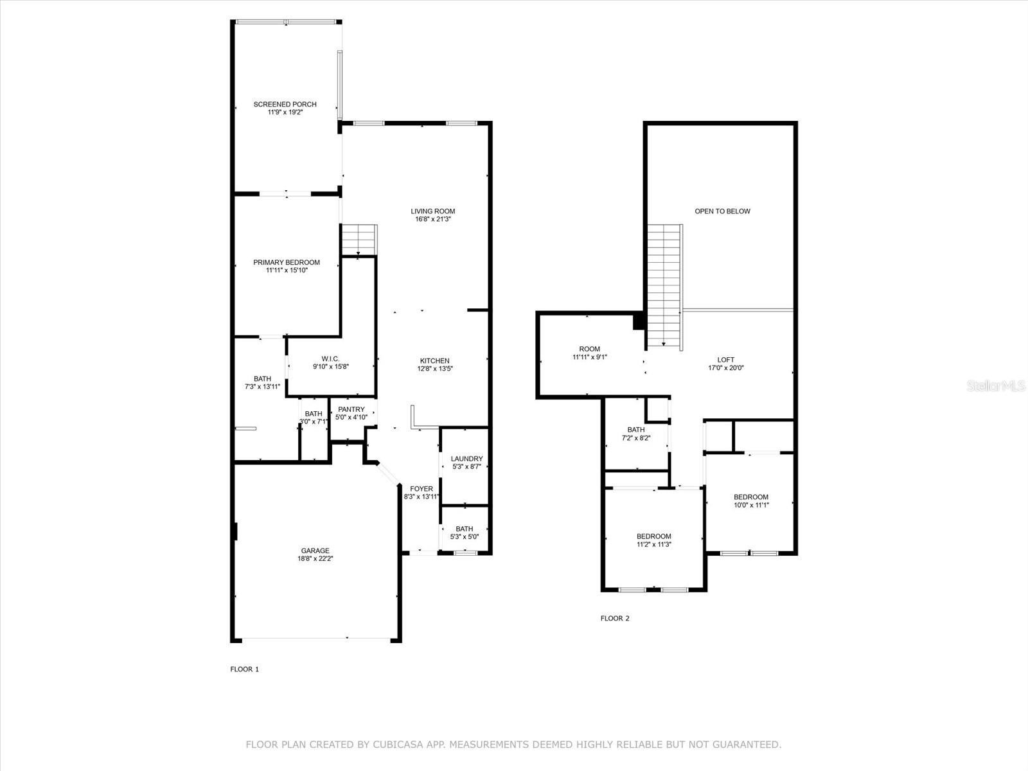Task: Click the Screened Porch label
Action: tap(285, 104)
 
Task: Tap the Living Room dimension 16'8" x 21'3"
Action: tap(433, 219)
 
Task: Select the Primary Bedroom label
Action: tap(287, 263)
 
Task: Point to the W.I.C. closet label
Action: tap(331, 359)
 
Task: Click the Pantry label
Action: tap(351, 410)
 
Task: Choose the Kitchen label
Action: tap(434, 361)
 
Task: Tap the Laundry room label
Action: tap(467, 459)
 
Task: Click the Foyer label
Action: tap(421, 489)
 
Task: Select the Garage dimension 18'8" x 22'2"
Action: tap(315, 558)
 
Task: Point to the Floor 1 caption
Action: tap(245, 669)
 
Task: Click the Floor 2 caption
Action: tap(615, 618)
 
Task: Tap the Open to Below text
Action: tap(722, 211)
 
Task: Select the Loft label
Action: tap(726, 360)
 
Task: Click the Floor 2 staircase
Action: tap(665, 287)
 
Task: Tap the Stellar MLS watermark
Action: tap(996, 385)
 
